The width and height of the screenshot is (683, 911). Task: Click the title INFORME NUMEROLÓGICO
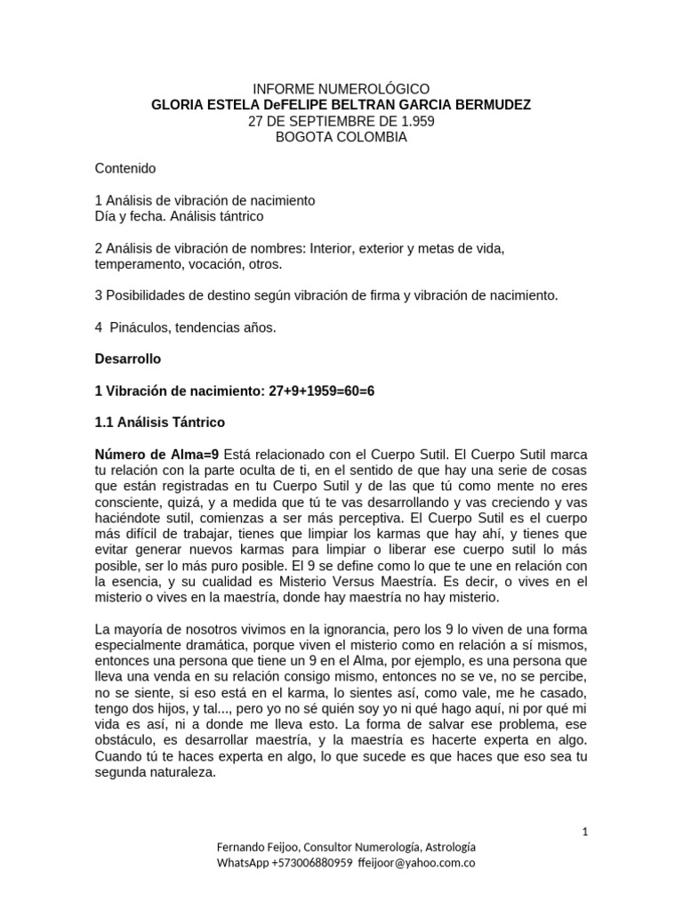pos(341,89)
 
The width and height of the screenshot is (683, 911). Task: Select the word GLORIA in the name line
pos(176,105)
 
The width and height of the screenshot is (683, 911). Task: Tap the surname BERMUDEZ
pos(492,105)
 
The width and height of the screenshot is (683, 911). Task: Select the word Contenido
pos(125,168)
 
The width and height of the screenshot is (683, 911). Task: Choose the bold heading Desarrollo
pos(128,359)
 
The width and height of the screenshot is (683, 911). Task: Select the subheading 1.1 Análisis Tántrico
pos(160,423)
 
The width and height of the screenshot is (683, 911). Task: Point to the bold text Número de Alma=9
pos(157,455)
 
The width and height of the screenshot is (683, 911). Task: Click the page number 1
pos(585,832)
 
